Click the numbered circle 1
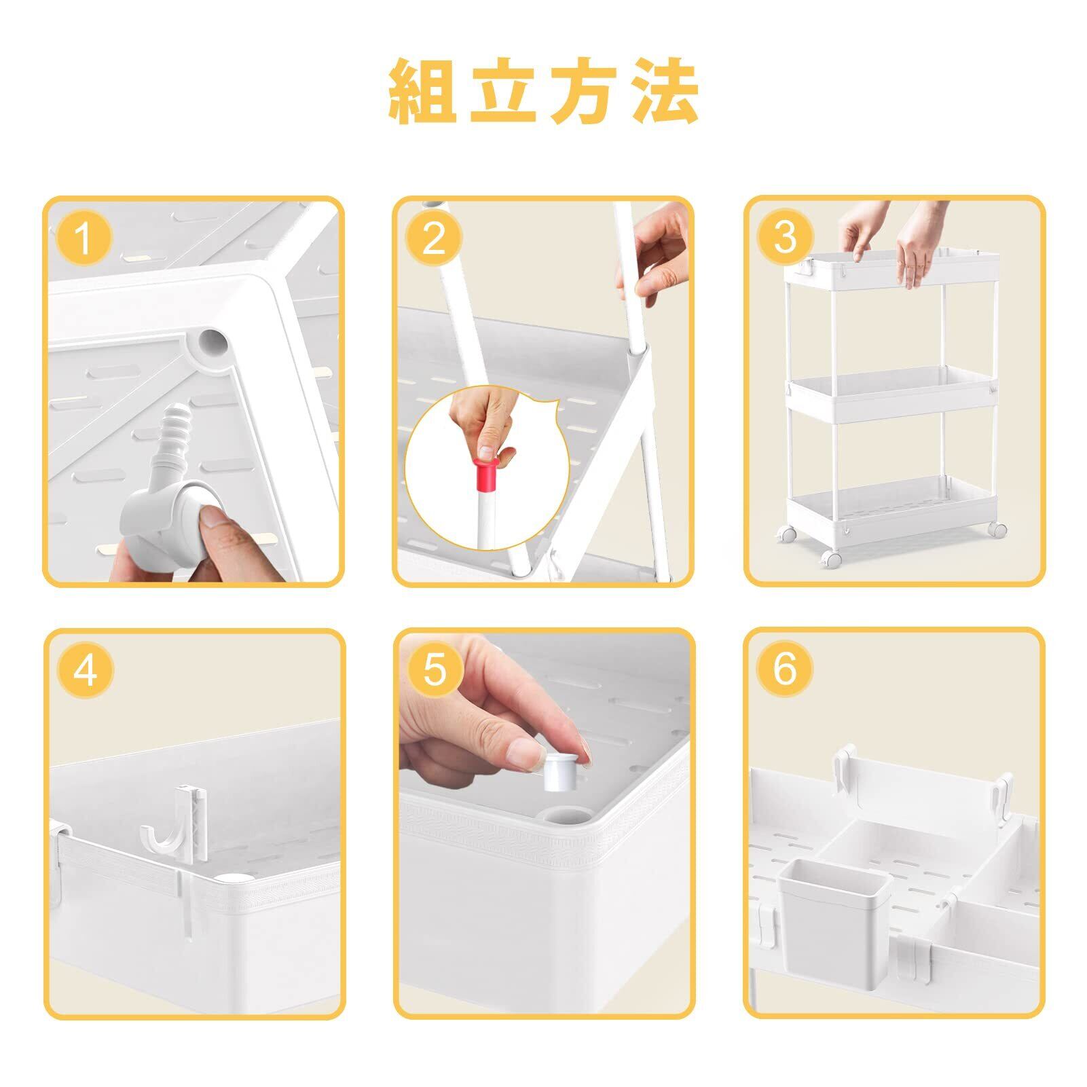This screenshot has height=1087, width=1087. click(x=83, y=238)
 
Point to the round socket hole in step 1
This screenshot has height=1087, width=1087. click(x=212, y=343)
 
